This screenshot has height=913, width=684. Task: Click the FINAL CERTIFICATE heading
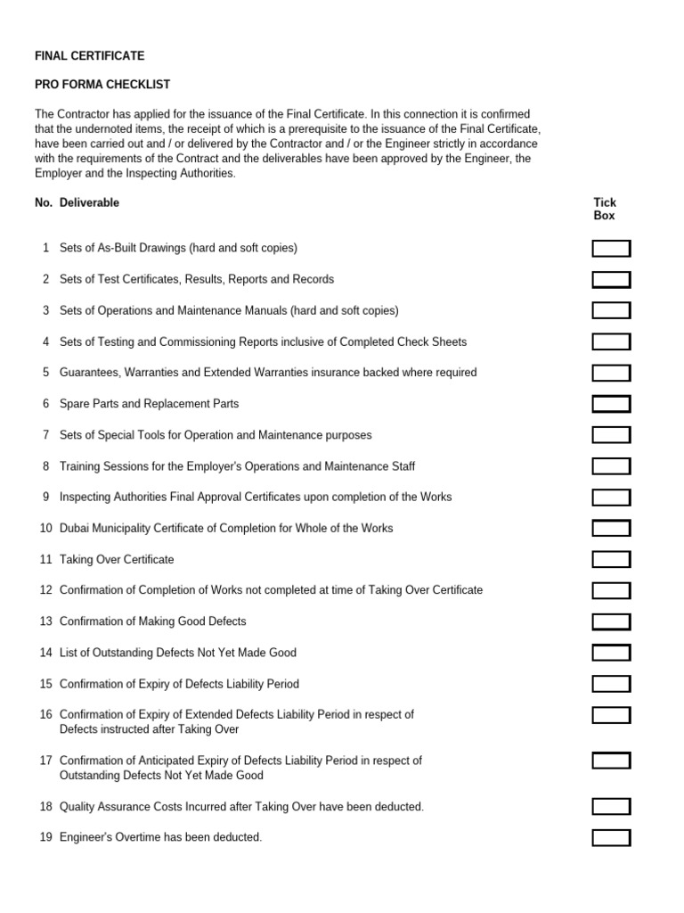point(89,56)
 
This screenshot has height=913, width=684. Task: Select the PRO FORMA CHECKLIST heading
point(102,85)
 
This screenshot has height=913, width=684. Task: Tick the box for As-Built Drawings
point(611,249)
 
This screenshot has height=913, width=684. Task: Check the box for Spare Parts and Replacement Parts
point(611,404)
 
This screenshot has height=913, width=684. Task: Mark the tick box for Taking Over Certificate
point(611,560)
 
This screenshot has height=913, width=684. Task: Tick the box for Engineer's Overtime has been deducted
point(611,838)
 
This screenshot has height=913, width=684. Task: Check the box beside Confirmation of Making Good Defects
point(611,621)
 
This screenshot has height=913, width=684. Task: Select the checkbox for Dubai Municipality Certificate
point(611,529)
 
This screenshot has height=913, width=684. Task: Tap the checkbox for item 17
point(611,761)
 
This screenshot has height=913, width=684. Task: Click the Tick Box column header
point(605,209)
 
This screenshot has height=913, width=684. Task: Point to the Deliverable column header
point(89,202)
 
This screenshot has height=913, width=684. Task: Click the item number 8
point(45,466)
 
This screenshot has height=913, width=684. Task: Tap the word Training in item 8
point(81,466)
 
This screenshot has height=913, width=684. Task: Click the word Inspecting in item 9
point(87,498)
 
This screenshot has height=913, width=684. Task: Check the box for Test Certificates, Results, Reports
point(611,280)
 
